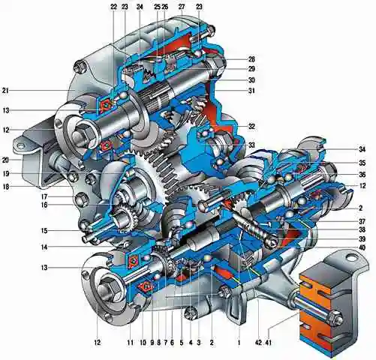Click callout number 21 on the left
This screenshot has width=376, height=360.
5,91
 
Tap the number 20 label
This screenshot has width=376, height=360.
5,160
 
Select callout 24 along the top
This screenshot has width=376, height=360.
140,7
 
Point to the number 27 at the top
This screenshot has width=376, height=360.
182,7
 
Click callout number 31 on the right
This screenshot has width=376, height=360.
251,91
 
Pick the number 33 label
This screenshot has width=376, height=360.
251,145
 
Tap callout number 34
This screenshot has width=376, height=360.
362,149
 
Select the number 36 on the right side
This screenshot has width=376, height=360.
362,175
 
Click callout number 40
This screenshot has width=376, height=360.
362,247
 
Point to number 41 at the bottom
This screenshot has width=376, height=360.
268,343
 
